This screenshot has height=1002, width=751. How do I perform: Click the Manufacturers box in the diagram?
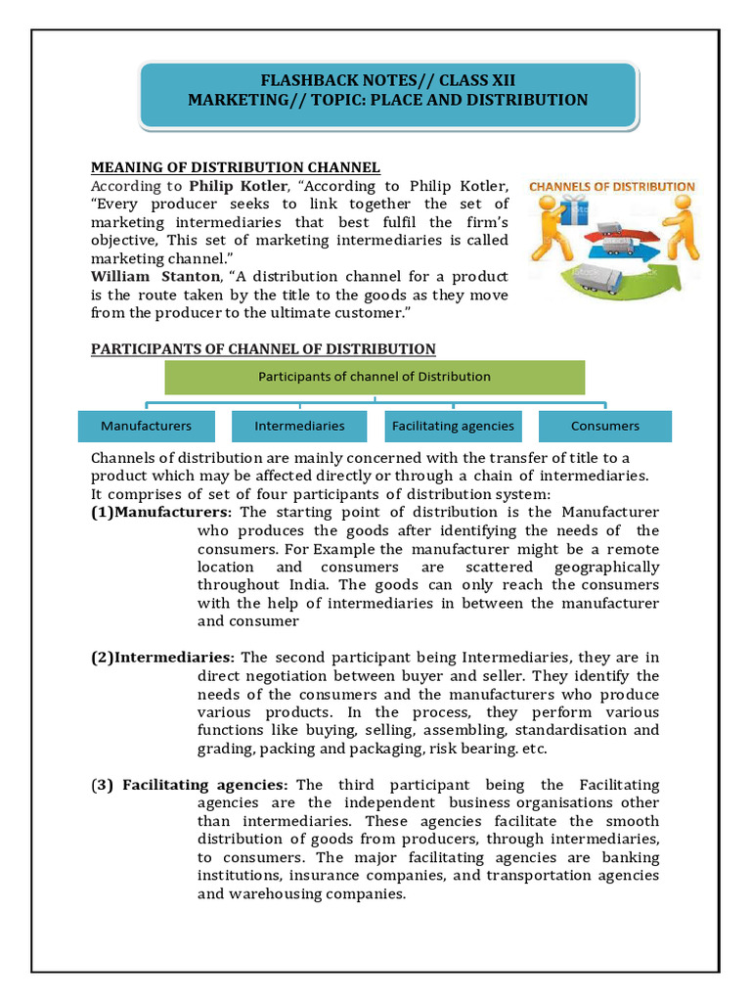(146, 426)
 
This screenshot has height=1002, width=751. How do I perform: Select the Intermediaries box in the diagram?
(299, 426)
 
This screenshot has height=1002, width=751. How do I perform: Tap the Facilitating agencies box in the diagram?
(452, 426)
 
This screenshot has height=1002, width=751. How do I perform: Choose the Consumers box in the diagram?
(605, 426)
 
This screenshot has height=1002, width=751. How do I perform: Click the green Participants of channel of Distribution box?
(374, 376)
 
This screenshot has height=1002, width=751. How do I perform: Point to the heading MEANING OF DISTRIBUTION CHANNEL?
(236, 167)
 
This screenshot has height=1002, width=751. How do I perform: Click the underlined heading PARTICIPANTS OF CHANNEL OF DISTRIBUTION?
(263, 348)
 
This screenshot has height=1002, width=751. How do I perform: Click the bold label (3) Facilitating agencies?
(191, 785)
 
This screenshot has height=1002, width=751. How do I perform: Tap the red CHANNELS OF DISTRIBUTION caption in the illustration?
(611, 186)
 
